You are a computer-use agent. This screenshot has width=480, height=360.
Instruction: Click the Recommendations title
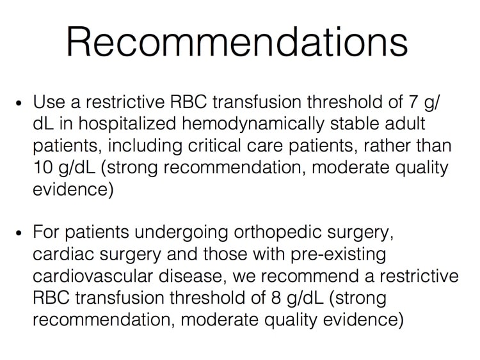pos(237,42)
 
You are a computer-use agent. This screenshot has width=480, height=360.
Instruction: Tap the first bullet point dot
pos(19,103)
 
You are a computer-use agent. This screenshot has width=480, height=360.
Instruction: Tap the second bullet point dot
pos(19,233)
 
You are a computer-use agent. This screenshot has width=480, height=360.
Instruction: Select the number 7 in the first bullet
pos(413,102)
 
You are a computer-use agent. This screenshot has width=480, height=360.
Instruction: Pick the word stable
pos(355,124)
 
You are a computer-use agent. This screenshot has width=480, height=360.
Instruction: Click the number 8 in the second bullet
pos(276,298)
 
